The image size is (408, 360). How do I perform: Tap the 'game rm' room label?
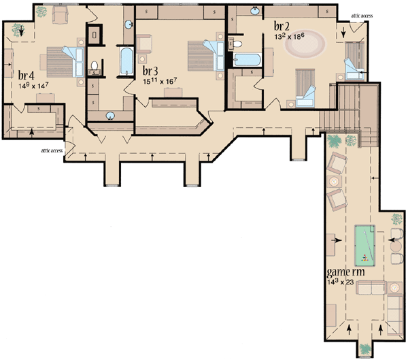[347, 272]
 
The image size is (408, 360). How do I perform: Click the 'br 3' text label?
[151, 70]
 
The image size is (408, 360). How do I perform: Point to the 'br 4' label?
[27, 74]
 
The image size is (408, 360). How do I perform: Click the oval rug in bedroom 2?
[305, 48]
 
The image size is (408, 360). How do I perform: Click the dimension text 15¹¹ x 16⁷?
[162, 82]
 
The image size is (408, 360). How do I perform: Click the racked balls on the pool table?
[366, 257]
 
